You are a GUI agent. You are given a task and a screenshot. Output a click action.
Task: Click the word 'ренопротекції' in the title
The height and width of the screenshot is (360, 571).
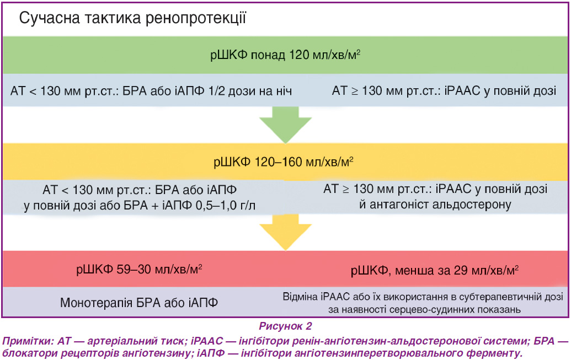tap(196, 18)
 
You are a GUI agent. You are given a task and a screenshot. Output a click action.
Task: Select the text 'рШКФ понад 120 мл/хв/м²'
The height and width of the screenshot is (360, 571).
tap(285, 55)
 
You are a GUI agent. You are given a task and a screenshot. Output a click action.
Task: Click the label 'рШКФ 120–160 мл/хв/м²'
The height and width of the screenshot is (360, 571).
tap(284, 162)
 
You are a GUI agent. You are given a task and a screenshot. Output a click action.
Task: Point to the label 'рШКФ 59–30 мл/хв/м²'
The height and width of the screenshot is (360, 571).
tap(139, 270)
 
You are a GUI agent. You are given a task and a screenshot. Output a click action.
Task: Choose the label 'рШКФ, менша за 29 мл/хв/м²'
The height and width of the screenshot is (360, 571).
tap(435, 271)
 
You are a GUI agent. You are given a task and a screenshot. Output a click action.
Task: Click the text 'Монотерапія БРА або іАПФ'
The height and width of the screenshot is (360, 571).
tap(139, 303)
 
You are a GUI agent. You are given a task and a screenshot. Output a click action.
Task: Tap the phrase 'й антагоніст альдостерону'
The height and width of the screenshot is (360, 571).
tap(435, 205)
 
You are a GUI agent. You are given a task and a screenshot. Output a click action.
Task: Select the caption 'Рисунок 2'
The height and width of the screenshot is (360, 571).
tap(286, 326)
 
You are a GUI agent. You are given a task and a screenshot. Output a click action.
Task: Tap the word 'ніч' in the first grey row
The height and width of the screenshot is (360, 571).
tap(284, 90)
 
